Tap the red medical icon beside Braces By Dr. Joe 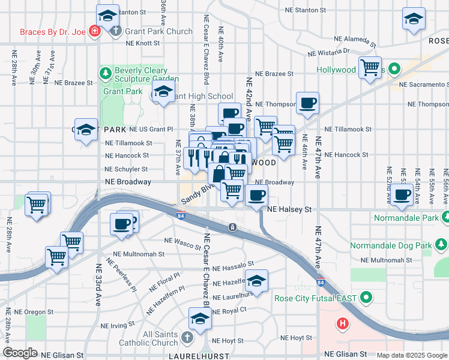click(x=94, y=31)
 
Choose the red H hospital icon click(x=343, y=325)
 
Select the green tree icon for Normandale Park click(x=443, y=217)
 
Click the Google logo click(x=21, y=353)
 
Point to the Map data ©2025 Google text click(x=411, y=355)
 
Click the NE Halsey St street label click(x=291, y=209)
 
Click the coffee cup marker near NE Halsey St click(x=257, y=196)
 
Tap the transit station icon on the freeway click(x=232, y=227)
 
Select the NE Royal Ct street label click(x=229, y=310)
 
